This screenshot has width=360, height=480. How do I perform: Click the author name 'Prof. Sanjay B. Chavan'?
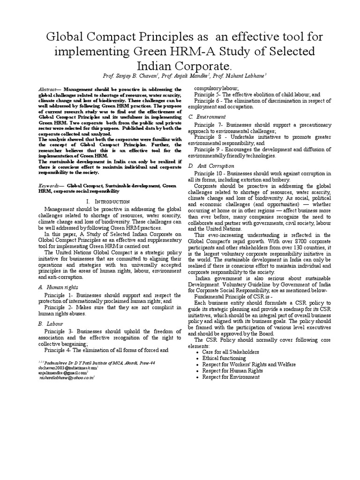click(x=129, y=75)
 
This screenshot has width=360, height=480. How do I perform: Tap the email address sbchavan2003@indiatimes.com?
click(x=66, y=368)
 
